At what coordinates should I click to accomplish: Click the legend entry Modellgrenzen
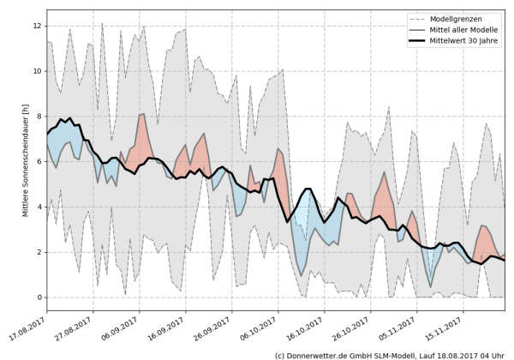coord(463,18)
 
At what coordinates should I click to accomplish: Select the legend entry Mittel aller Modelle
coord(468,30)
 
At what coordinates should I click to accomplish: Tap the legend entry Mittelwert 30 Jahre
coord(468,42)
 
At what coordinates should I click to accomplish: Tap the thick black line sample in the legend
coord(415,42)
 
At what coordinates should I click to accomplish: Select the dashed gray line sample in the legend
coord(415,18)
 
